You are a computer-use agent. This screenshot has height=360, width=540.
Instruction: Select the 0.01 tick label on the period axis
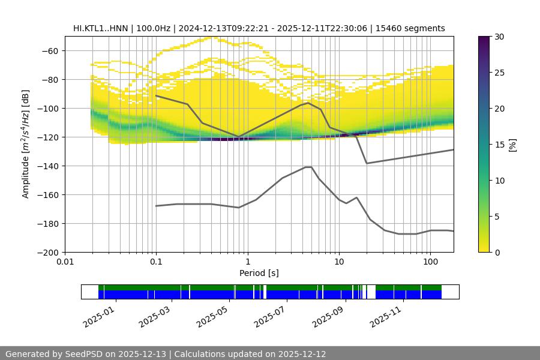pyautogui.click(x=65, y=262)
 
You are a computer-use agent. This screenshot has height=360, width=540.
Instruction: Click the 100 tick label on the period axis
pyautogui.click(x=430, y=262)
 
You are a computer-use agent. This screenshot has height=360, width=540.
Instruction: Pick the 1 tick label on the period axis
pyautogui.click(x=247, y=262)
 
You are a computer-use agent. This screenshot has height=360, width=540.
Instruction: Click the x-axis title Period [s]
pyautogui.click(x=259, y=273)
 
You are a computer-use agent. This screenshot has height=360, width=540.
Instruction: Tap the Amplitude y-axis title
pyautogui.click(x=25, y=144)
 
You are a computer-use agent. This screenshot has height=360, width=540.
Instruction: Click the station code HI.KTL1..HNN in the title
pyautogui.click(x=101, y=28)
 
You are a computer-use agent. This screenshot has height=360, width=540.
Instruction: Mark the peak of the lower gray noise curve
pyautogui.click(x=308, y=167)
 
